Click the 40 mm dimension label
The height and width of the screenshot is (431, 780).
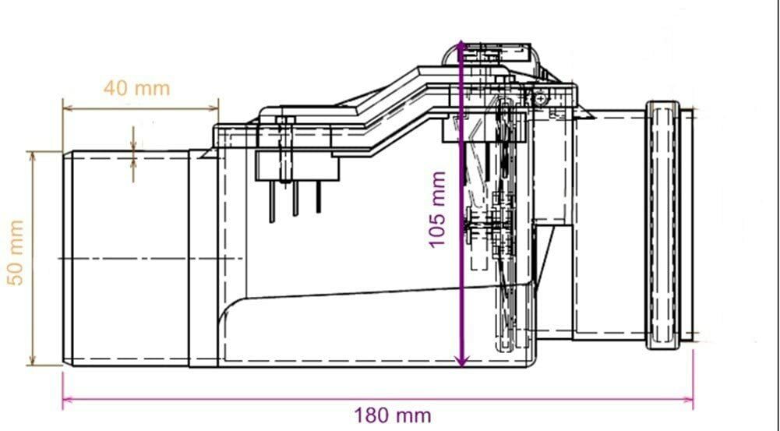point(137,89)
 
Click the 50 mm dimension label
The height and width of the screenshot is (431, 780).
point(16,253)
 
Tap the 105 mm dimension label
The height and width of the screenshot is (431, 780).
point(437,209)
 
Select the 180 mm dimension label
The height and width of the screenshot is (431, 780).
point(393,415)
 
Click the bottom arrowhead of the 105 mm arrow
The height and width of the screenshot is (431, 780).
point(462,360)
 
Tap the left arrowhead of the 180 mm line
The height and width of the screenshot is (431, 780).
point(68,399)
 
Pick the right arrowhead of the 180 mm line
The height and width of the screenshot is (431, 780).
point(689,399)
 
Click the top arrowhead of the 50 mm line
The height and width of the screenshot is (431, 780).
point(33,157)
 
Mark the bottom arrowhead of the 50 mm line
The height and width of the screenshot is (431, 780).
point(33,360)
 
